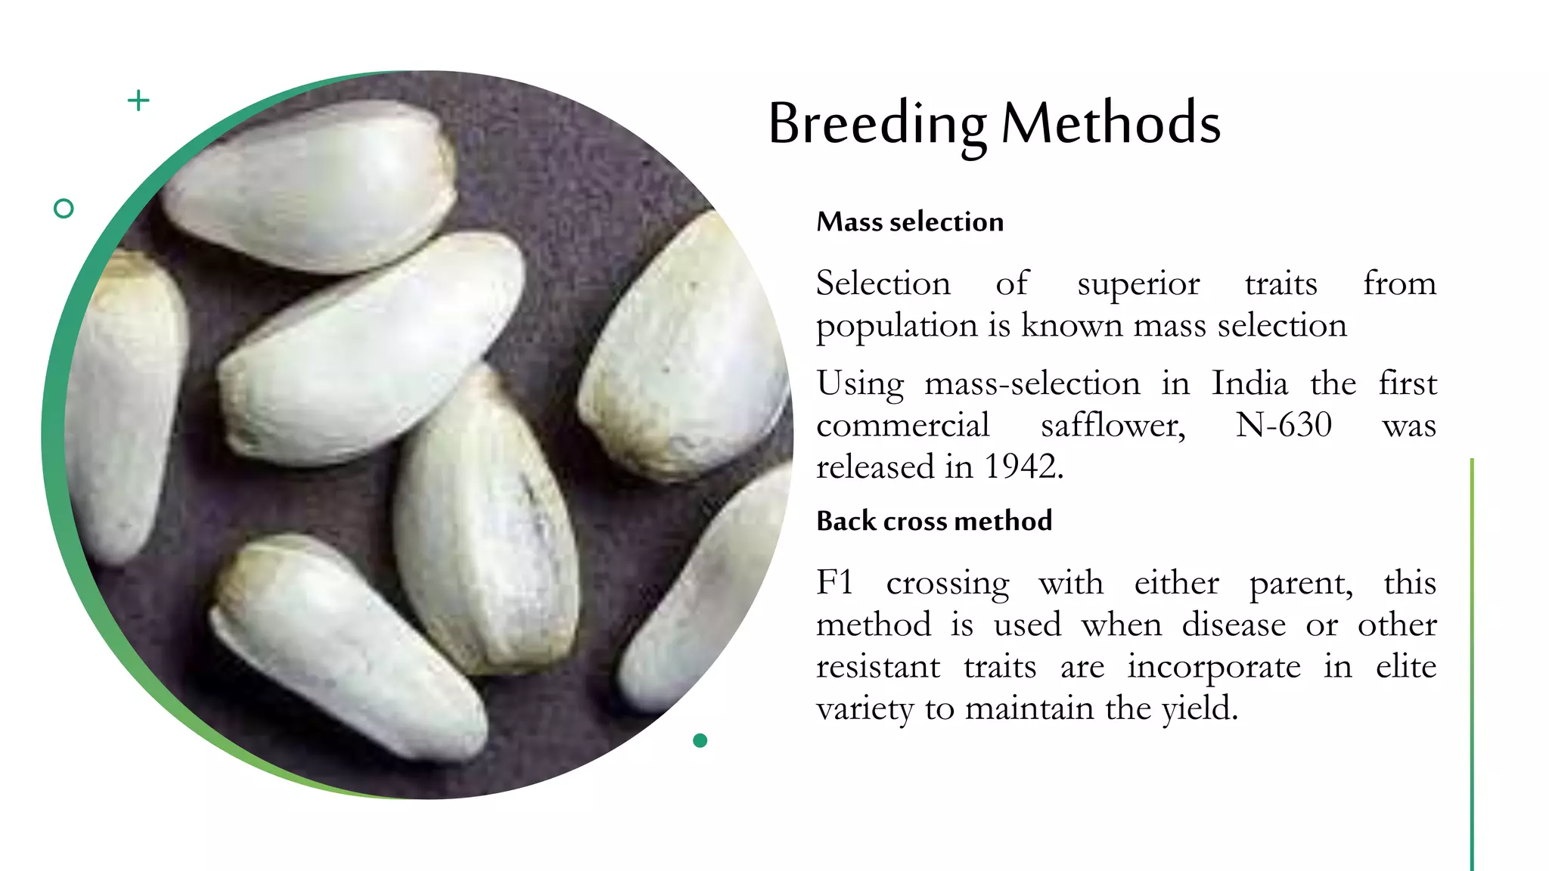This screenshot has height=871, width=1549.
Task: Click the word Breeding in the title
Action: (x=877, y=125)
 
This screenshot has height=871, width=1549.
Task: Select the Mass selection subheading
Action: (x=910, y=222)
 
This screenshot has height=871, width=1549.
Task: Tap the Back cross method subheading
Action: (x=934, y=521)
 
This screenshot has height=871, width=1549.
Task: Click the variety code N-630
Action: (x=1284, y=425)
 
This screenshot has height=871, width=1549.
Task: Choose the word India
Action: (x=1249, y=383)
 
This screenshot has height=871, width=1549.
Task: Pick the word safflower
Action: (x=1113, y=425)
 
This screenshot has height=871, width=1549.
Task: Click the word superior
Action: (x=1138, y=284)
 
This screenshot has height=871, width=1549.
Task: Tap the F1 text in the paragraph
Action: (x=835, y=583)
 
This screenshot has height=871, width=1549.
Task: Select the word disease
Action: (x=1234, y=625)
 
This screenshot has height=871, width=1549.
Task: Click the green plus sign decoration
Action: (x=138, y=101)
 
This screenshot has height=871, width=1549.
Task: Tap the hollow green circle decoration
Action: (x=64, y=209)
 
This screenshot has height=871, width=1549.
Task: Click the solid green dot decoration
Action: (x=700, y=740)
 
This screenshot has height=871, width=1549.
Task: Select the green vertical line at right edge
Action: (x=1472, y=665)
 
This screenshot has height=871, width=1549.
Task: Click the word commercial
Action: (x=903, y=425)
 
